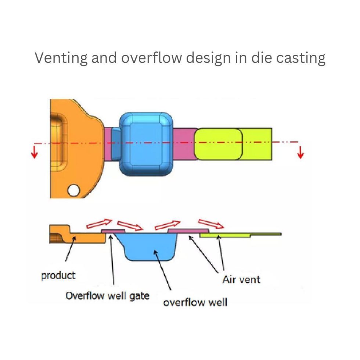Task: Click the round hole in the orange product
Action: (x=73, y=190)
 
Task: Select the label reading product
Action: (x=58, y=275)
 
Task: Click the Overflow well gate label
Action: (x=107, y=295)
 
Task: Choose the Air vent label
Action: (x=241, y=279)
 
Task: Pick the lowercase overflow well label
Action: (x=195, y=302)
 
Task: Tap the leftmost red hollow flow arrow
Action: (x=99, y=223)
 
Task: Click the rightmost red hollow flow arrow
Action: (x=211, y=223)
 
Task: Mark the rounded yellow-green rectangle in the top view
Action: (x=218, y=144)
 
